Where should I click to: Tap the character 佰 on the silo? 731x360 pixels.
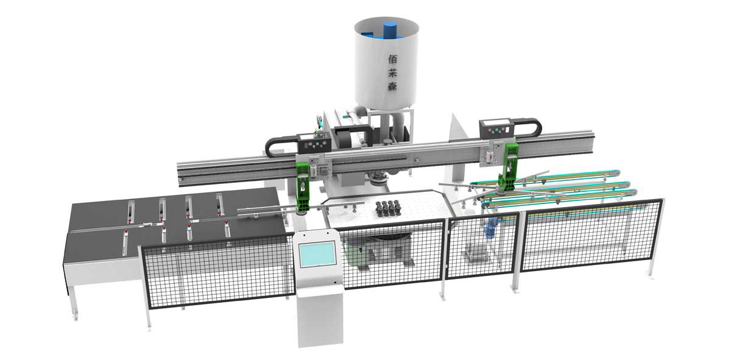[x=392, y=58]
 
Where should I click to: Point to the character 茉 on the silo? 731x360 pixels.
[x=392, y=72]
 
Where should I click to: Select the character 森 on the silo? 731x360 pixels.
[x=392, y=86]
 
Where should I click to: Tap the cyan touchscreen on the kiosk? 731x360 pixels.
[x=317, y=254]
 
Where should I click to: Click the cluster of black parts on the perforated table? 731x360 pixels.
[x=387, y=208]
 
